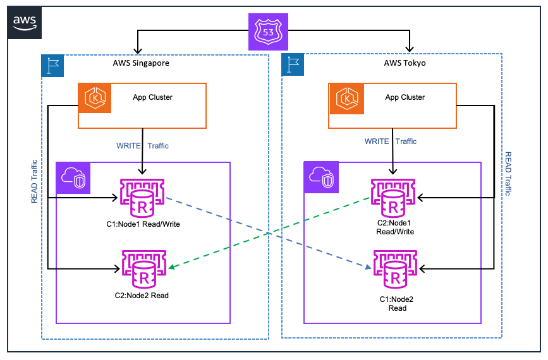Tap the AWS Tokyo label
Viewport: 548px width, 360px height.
405,63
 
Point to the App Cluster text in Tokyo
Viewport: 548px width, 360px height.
405,97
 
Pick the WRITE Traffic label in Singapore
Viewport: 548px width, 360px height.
142,146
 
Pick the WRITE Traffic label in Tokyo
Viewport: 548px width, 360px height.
391,141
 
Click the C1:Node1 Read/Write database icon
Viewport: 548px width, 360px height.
143,198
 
